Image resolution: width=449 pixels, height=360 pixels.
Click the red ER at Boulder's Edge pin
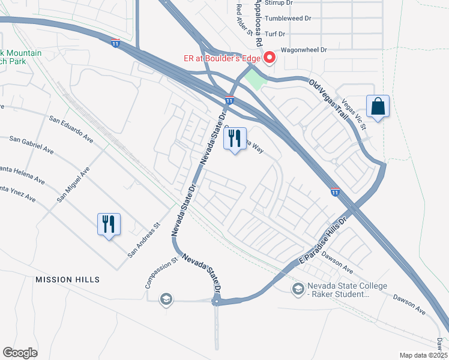[270, 58]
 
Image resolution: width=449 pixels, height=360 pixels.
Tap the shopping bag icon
[378, 107]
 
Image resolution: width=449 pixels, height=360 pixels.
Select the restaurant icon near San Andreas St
[109, 224]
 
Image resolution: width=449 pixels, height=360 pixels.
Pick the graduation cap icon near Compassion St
[166, 299]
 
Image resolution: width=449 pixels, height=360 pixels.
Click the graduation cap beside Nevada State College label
[298, 290]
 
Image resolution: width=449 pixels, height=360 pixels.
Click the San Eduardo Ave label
[71, 129]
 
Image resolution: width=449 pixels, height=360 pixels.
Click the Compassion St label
[154, 273]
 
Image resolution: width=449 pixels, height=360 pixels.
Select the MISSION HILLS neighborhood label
[67, 280]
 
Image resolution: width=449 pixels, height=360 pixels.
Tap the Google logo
[20, 352]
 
